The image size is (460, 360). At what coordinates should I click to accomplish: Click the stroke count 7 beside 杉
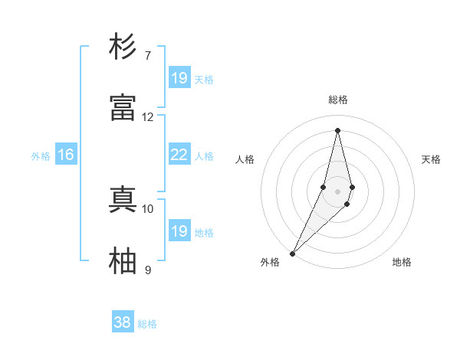(x=148, y=56)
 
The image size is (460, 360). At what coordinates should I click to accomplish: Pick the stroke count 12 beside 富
(x=148, y=117)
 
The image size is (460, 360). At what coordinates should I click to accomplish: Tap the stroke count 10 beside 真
(x=148, y=208)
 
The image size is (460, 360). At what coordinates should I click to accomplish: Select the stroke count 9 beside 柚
(x=148, y=270)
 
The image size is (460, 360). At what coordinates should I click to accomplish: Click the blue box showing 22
(x=179, y=155)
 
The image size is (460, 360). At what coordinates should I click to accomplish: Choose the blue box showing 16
(x=66, y=155)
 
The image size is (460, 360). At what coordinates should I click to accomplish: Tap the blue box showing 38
(x=122, y=322)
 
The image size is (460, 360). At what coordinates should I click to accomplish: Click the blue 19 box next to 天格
(x=179, y=78)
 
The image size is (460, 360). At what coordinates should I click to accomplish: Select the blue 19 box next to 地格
(x=179, y=231)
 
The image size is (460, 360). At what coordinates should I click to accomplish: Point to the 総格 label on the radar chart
(x=338, y=100)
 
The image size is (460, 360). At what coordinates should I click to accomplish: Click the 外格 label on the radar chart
(x=270, y=262)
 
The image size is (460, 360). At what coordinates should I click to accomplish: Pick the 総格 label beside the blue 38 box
(x=147, y=323)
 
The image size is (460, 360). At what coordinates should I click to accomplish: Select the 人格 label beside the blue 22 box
(x=204, y=155)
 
